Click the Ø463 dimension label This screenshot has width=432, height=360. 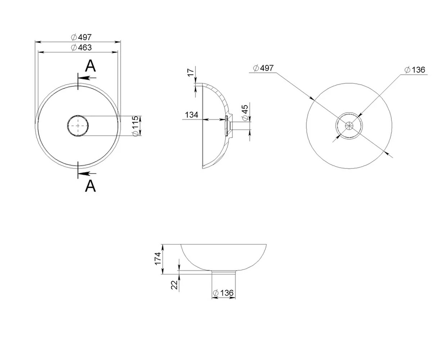coord(81,48)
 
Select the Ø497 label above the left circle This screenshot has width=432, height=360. coord(81,37)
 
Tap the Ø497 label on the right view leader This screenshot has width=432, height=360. coord(263,68)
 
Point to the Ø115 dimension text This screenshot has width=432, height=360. coord(135,126)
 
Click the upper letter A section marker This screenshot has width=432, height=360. coord(90,66)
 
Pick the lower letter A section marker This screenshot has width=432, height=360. coord(90,186)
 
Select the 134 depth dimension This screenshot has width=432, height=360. coord(192,115)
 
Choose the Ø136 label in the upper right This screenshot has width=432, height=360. coord(415,70)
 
